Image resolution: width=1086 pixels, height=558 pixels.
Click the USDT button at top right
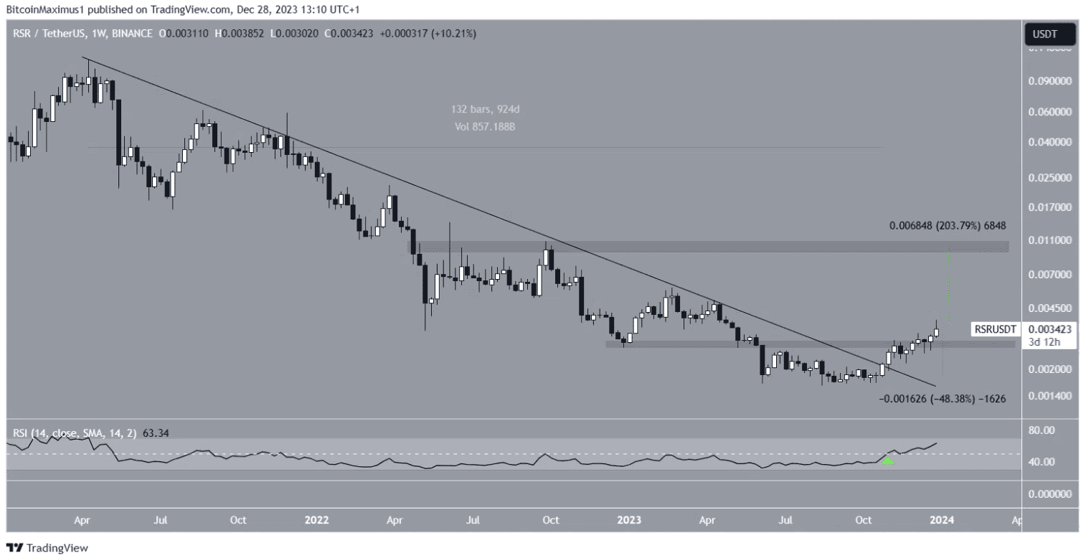1049,33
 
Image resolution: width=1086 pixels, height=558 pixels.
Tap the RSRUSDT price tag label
993,329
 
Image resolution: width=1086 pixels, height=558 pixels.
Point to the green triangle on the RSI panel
887,461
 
